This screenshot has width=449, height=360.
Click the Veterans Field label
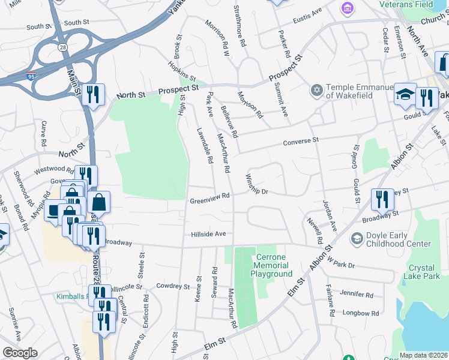pyautogui.click(x=414, y=4)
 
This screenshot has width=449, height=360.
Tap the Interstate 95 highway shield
pyautogui.click(x=31, y=75)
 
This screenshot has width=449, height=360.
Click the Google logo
pyautogui.click(x=20, y=353)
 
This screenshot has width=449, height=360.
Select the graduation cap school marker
pyautogui.click(x=405, y=94)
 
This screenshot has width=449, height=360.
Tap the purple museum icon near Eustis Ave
pyautogui.click(x=346, y=8)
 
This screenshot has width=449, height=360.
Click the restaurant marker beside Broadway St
pyautogui.click(x=382, y=199)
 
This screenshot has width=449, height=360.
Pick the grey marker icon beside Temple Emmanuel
pyautogui.click(x=316, y=90)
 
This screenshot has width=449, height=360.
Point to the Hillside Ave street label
pyautogui.click(x=208, y=233)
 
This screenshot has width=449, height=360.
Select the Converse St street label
pyautogui.click(x=300, y=142)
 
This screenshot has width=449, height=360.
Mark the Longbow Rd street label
pyautogui.click(x=360, y=313)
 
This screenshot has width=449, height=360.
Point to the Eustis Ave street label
pyautogui.click(x=307, y=14)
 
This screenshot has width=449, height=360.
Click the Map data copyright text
pyautogui.click(x=423, y=355)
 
